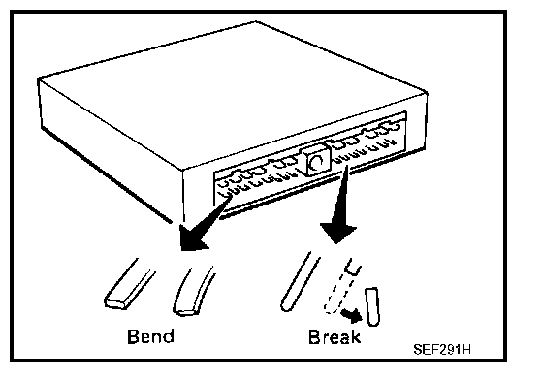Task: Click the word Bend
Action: coord(150,336)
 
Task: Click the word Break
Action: coord(335,337)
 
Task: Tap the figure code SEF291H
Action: coord(442,349)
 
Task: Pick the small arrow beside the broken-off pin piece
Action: coord(351,315)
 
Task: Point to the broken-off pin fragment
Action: coord(372,306)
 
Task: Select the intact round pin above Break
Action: coord(300,282)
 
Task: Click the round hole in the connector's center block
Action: coord(317,163)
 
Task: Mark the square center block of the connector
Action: coord(315,160)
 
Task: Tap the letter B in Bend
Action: coord(133,336)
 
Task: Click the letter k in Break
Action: coord(356,337)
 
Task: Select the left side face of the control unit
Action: coord(111,150)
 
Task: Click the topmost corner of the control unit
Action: coord(256,21)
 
